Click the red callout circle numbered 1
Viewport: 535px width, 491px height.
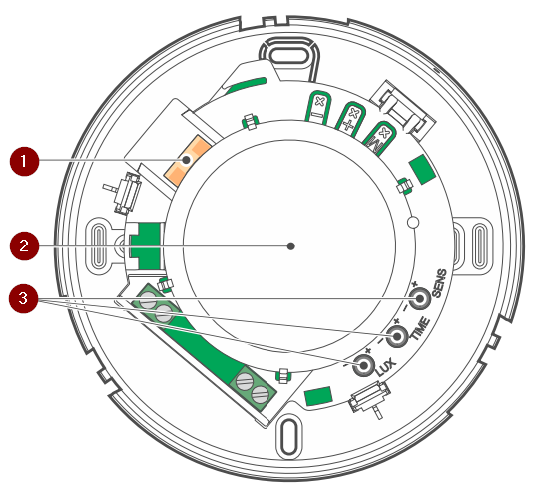(x=24, y=161)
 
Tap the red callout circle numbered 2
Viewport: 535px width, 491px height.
(x=24, y=245)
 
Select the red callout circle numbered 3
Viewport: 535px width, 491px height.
(x=23, y=299)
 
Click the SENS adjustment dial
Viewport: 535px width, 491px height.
(x=419, y=299)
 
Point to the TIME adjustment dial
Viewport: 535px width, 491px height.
(x=397, y=336)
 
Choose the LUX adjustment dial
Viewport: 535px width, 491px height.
(x=364, y=366)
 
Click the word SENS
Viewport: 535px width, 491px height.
(x=439, y=283)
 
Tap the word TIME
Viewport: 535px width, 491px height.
(x=419, y=328)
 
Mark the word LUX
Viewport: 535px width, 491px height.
(x=386, y=367)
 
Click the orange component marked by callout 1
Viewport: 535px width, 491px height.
(x=187, y=160)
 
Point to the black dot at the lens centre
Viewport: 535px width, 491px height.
(x=290, y=246)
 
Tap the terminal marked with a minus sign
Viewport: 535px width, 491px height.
(x=319, y=107)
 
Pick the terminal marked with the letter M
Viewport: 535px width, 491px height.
(x=380, y=137)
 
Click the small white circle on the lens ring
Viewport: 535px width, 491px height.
(x=413, y=222)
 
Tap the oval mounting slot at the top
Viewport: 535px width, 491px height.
(x=289, y=56)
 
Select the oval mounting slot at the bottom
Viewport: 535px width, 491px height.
(x=289, y=437)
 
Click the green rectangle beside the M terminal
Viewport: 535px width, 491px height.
(x=422, y=169)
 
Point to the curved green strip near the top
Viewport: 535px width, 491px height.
(x=247, y=85)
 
